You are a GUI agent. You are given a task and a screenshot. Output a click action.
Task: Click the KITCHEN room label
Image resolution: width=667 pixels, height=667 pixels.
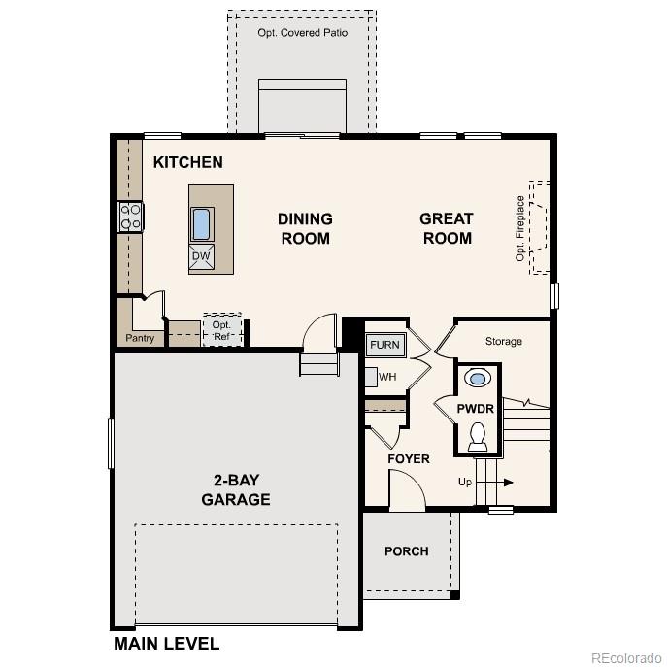point(187,162)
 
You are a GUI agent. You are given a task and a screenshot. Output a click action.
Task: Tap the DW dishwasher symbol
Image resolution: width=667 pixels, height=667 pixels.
point(201,256)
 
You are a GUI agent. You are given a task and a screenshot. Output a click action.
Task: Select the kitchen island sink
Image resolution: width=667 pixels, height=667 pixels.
point(202,223)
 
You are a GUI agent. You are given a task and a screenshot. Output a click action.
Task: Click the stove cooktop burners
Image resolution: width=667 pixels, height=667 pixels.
point(130,217)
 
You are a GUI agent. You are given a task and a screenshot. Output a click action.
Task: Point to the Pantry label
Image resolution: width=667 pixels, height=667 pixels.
point(140,339)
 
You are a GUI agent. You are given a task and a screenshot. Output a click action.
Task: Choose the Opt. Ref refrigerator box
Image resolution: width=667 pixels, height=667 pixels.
point(222,330)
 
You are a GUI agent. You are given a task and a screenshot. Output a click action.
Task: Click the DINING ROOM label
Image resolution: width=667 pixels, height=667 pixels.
point(305,228)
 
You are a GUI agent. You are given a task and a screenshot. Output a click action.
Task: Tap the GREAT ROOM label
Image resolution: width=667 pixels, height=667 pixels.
point(447,228)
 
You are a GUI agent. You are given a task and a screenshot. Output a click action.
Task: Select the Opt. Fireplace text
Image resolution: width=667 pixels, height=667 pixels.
point(520,228)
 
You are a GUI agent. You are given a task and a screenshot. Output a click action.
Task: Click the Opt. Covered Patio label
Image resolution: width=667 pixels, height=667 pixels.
point(302,32)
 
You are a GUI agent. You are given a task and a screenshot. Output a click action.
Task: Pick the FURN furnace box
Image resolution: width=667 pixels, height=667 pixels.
point(384,345)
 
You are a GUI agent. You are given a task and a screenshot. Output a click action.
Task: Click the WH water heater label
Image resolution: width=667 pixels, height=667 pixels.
point(387,377)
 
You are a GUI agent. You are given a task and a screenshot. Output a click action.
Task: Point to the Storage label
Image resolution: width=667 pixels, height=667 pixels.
point(503,341)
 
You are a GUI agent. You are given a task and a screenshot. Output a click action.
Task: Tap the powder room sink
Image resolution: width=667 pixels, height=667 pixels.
point(478,378)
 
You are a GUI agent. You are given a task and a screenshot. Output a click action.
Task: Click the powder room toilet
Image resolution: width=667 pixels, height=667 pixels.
point(478,438)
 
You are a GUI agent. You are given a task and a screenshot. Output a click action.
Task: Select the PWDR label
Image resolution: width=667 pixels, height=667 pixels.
point(476,409)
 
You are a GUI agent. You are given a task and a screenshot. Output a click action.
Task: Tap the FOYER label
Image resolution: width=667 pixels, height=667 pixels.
point(408,458)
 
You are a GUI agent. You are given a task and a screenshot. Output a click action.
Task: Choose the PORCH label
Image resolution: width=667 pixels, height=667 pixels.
point(406,550)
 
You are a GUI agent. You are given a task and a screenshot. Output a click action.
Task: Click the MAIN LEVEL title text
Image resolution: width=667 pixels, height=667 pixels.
point(166,643)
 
